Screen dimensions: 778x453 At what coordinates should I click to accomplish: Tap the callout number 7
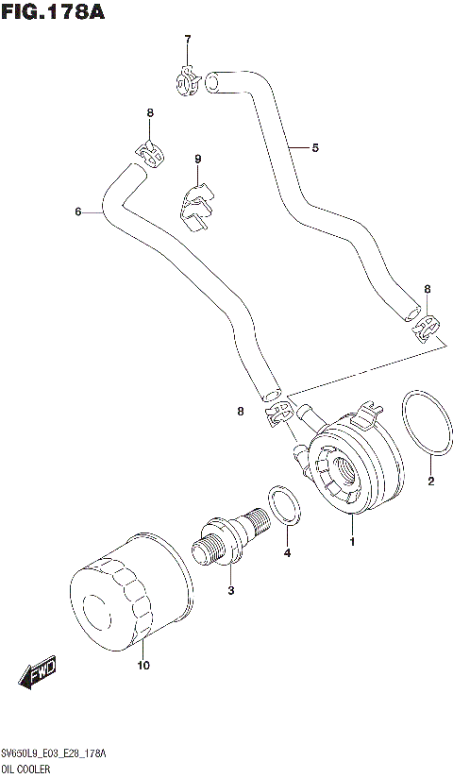[x=187, y=39]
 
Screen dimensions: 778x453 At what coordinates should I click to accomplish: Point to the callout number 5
[x=315, y=147]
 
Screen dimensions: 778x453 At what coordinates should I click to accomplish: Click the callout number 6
[x=78, y=211]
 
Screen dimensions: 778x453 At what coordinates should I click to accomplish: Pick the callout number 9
[x=198, y=159]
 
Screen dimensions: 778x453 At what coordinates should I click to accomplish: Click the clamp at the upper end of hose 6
[x=145, y=152]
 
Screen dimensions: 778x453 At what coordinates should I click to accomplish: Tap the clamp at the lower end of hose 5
[x=425, y=328]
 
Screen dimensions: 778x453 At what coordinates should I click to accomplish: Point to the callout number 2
[x=430, y=482]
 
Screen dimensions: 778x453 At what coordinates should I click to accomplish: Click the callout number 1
[x=352, y=542]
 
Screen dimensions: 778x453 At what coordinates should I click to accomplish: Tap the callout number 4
[x=287, y=552]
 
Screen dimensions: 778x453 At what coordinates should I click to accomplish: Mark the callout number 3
[x=229, y=591]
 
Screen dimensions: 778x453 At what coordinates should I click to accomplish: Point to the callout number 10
[x=143, y=666]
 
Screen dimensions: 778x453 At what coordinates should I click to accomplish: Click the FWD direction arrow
[x=39, y=676]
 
